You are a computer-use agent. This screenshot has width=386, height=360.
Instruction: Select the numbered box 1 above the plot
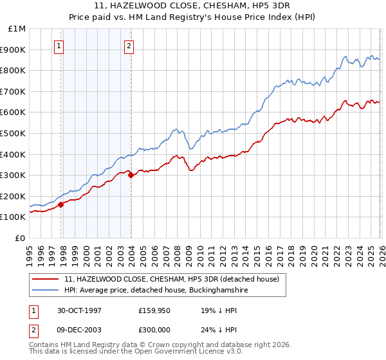(x=59, y=46)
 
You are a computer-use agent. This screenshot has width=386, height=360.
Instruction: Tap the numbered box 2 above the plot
(x=129, y=46)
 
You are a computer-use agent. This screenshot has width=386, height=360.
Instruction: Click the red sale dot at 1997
(x=61, y=204)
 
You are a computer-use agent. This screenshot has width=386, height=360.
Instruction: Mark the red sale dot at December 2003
(x=131, y=175)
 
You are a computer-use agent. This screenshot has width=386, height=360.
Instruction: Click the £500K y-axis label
(x=14, y=133)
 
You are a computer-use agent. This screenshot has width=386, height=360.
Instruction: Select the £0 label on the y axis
(x=19, y=238)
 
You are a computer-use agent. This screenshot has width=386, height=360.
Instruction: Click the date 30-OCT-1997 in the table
(x=80, y=309)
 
